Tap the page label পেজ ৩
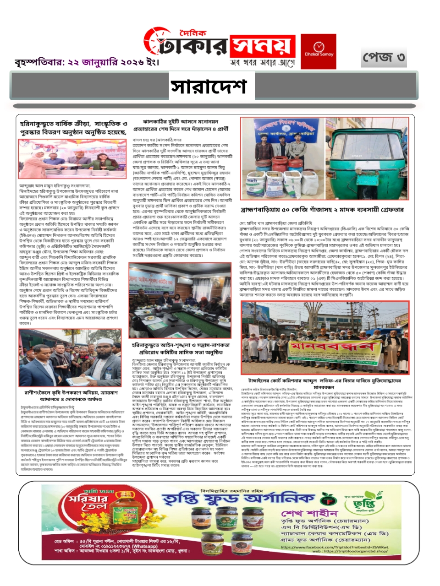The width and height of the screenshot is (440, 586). click(384, 58)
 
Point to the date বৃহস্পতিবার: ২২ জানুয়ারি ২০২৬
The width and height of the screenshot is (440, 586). click(87, 62)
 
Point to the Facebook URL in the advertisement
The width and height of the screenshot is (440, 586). click(334, 547)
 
